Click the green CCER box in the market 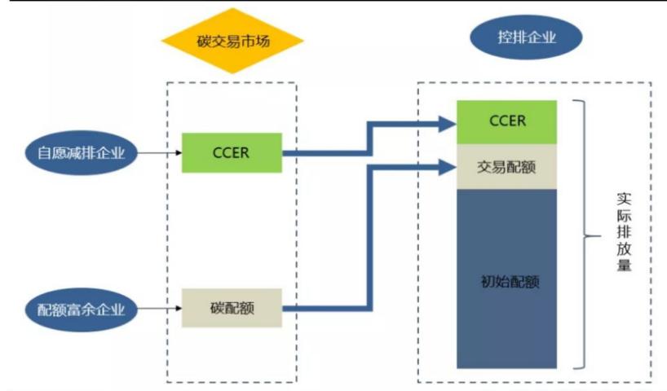point(232,152)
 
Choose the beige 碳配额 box point(232,308)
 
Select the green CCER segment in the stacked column point(506,122)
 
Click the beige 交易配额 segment point(506,167)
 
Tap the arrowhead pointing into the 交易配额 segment point(447,168)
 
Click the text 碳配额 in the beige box point(232,308)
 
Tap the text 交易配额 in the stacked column point(506,167)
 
